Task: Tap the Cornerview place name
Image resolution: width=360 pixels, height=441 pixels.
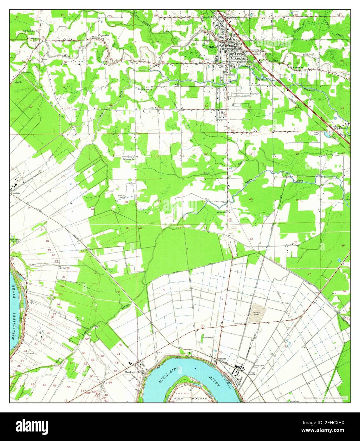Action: (x=104, y=35)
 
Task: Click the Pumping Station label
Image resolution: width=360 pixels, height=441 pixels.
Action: (x=121, y=196)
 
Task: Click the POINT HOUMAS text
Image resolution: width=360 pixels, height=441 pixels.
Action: (x=191, y=398)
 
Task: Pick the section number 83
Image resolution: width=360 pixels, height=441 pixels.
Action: (x=82, y=251)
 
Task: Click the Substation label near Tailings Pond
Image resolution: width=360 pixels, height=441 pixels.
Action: (x=238, y=323)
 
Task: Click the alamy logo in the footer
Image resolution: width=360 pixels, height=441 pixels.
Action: (x=32, y=425)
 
